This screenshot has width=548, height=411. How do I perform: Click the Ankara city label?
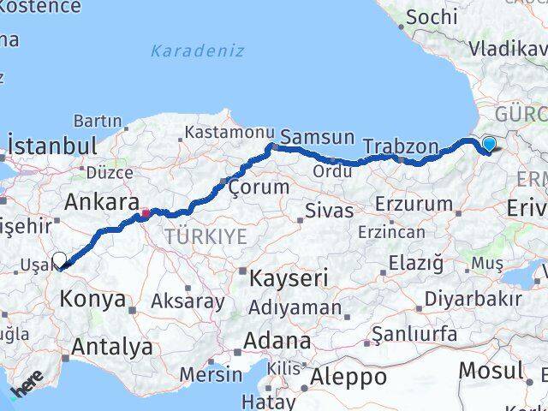pos(103,203)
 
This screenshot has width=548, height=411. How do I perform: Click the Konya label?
pos(93,299)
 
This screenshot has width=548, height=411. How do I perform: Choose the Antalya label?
pos(113,347)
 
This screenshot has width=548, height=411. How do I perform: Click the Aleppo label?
pos(349,376)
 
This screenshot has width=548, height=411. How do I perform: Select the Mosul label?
pos(491,370)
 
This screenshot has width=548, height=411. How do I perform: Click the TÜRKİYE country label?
pos(205,235)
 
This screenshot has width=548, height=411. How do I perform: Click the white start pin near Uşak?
pos(59,261)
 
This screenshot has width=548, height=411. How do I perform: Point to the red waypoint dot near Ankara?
pos(146,213)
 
